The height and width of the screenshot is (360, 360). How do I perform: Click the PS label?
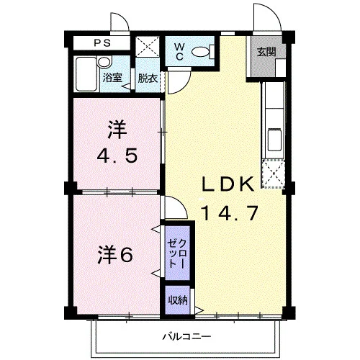pos(102,43)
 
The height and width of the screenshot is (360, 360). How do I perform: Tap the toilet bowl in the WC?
pos(201,51)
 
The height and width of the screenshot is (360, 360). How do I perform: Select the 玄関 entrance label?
pos(266,52)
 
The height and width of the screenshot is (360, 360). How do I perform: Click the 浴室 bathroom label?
pos(112,78)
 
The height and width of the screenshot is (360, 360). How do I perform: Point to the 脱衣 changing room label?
pos(148,78)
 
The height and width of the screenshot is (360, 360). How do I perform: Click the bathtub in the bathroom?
pos(86,74)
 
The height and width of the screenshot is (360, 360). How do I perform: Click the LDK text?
pos(228,184)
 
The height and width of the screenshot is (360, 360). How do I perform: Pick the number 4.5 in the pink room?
pos(117,156)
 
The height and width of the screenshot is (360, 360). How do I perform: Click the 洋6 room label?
pos(115,255)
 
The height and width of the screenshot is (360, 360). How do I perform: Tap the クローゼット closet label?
pos(177,253)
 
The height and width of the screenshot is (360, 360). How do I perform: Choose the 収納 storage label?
pos(178,300)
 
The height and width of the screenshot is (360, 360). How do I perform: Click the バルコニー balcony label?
pos(187,336)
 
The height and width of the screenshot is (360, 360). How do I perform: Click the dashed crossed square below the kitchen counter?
pos(274,174)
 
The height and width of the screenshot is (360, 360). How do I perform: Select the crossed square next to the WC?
pos(147,47)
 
